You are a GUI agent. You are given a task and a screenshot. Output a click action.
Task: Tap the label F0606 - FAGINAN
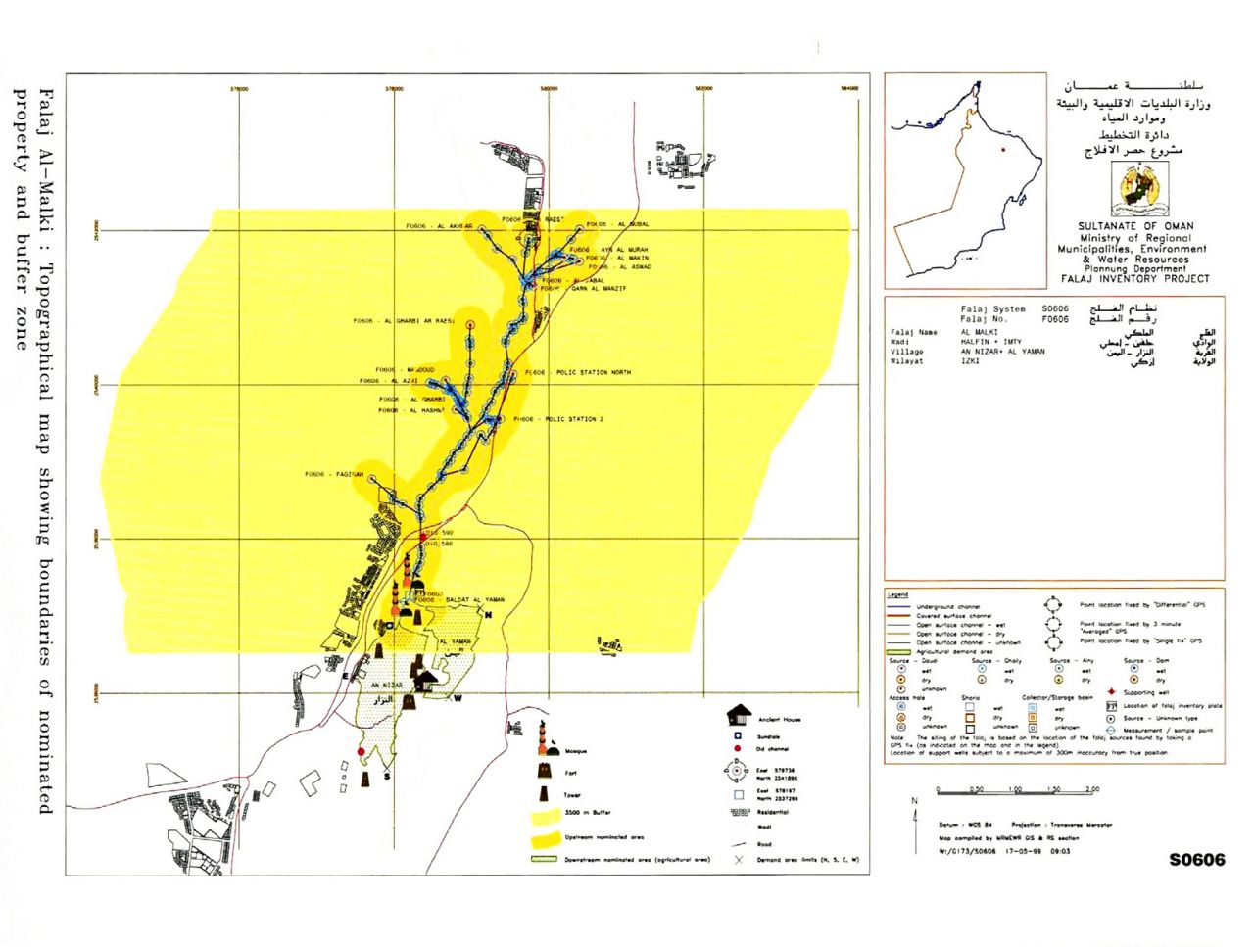[x=334, y=475]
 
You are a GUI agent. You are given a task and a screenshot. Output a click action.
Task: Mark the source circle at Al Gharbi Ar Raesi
[x=471, y=324]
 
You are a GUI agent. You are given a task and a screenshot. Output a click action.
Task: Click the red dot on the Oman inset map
[x=1002, y=150]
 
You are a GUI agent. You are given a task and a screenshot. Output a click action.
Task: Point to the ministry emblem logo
[x=1139, y=190]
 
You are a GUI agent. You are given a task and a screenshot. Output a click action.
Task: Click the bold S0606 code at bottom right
[x=1196, y=860]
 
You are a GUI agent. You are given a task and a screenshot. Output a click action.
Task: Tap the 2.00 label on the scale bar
[x=1091, y=789]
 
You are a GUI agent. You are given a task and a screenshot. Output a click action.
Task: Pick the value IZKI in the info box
[x=970, y=361]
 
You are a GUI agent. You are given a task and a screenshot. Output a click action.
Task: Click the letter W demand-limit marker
[x=457, y=698]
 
